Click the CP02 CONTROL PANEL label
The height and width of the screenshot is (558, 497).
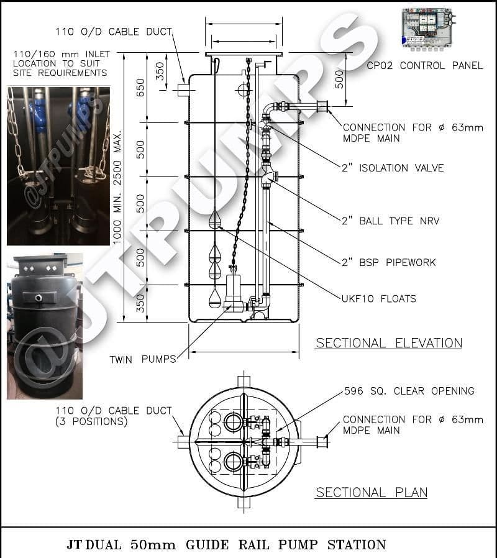pos(424,65)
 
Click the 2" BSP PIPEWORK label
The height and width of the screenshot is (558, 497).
pos(388,262)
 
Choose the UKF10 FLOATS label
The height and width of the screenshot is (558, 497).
pos(378,299)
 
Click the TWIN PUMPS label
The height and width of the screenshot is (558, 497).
pos(142,359)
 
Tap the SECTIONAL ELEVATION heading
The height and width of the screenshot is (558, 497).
pos(389,343)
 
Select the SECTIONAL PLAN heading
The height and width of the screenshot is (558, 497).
pos(372,493)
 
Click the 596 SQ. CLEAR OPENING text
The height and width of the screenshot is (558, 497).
pos(409,391)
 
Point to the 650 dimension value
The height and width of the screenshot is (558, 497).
pos(140,88)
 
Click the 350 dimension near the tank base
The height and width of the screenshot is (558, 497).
pos(140,303)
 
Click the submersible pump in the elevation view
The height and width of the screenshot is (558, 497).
pos(234,292)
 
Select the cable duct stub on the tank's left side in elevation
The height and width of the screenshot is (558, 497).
pos(181,91)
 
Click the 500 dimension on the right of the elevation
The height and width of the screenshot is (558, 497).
pos(339,79)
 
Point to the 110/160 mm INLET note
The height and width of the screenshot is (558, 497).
pos(61,63)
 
